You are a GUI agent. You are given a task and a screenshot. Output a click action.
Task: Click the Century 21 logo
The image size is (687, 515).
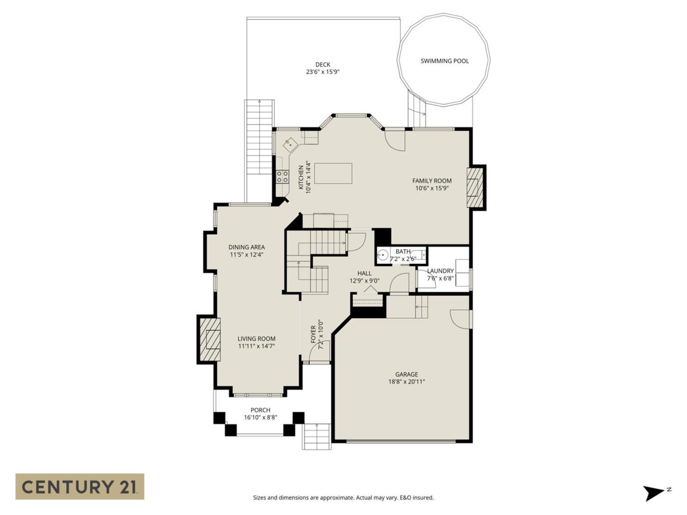80,486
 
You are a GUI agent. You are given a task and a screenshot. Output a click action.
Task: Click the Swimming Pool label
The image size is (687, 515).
445,61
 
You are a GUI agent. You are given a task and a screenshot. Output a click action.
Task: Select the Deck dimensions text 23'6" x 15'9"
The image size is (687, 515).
323,72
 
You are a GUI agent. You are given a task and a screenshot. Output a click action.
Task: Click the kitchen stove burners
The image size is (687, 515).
282,176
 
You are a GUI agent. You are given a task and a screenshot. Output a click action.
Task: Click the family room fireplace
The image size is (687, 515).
475,187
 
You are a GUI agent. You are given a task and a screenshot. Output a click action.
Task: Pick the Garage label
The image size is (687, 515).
406,374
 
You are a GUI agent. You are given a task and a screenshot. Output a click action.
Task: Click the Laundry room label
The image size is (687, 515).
440,271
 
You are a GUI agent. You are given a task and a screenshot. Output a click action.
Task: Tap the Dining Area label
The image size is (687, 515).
246,247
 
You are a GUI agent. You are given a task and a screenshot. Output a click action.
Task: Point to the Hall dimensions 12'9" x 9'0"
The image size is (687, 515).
365,281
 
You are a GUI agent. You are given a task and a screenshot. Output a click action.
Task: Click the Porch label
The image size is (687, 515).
260,410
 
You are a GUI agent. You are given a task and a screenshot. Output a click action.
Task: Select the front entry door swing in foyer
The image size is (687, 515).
321,351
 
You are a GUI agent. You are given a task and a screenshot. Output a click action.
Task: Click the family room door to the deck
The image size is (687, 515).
394,140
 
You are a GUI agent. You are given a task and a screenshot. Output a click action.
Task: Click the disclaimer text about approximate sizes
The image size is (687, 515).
343,498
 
